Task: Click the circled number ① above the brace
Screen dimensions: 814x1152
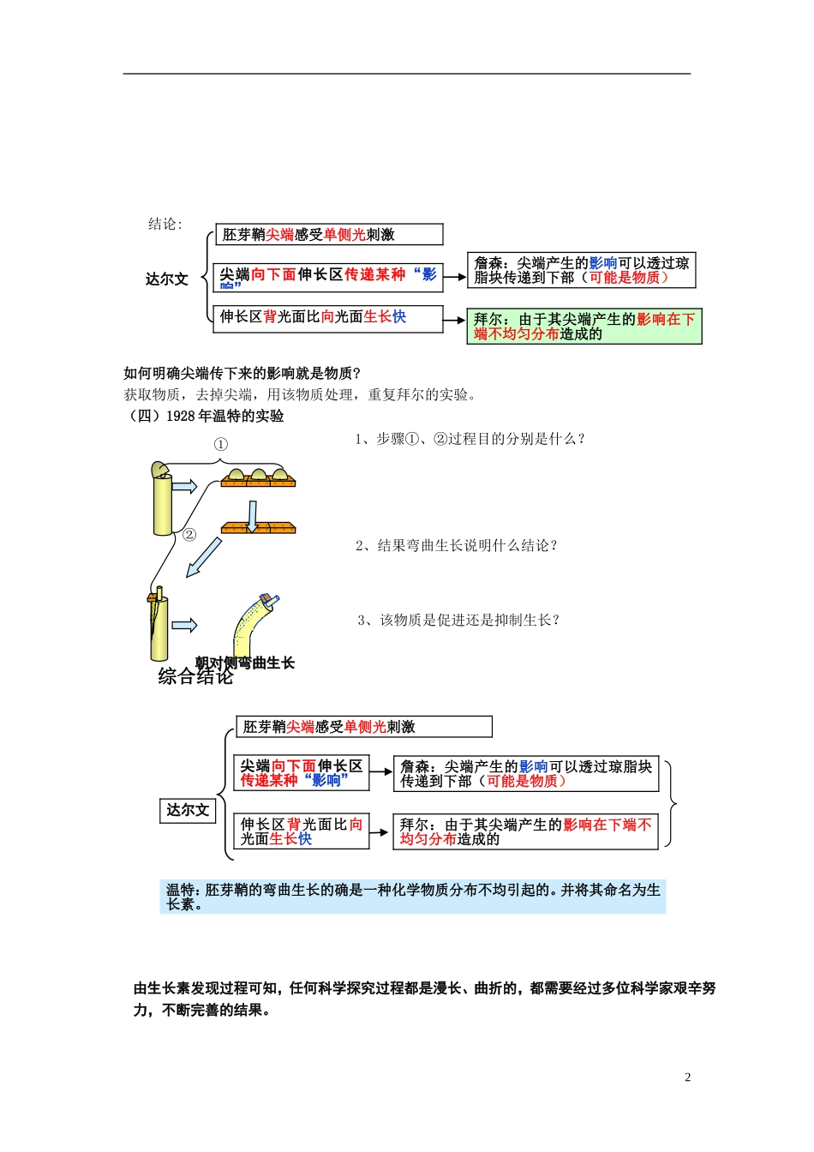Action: [x=220, y=444]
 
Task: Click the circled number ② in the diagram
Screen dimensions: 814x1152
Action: [x=189, y=535]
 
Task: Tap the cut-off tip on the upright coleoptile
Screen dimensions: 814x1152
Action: [x=159, y=470]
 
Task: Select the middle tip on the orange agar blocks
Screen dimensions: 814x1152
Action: [x=258, y=474]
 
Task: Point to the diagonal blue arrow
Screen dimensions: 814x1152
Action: [x=204, y=558]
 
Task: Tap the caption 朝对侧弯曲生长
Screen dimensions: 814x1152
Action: [x=245, y=663]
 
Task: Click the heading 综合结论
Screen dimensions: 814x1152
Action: [x=195, y=677]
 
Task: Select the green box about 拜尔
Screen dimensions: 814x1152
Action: [x=584, y=327]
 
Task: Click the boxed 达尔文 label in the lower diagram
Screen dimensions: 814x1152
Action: [x=188, y=810]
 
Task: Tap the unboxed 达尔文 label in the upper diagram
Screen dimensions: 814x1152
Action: [x=166, y=279]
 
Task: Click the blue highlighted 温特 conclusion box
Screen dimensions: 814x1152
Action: [x=412, y=897]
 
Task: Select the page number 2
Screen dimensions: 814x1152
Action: [x=687, y=1077]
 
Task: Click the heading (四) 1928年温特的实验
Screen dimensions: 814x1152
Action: [x=206, y=416]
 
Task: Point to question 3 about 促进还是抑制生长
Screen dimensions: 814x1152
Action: [x=458, y=620]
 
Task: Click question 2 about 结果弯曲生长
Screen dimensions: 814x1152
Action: [x=457, y=545]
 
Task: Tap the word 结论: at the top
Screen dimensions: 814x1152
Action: [x=165, y=224]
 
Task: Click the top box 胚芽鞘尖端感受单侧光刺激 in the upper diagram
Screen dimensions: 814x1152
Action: [x=329, y=235]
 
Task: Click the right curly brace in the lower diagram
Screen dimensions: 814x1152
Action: [x=673, y=804]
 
